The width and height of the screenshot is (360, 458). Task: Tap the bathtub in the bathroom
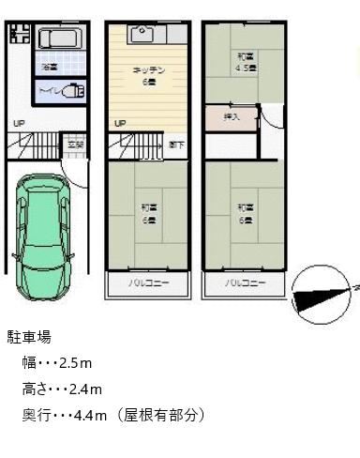pos(61,41)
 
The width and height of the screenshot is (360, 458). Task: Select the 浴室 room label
pos(47,68)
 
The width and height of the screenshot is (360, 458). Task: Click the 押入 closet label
pos(232,116)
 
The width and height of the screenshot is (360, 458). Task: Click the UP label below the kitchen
pos(119,123)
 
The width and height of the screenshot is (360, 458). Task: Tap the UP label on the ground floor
pos(20,123)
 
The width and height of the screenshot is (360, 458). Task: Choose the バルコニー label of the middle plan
pos(143,282)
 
